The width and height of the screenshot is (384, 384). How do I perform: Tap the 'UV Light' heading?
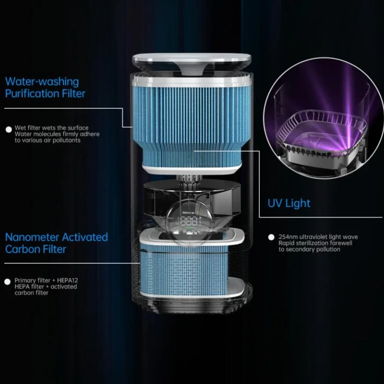click(289, 203)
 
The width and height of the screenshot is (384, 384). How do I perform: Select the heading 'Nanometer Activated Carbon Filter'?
click(56, 243)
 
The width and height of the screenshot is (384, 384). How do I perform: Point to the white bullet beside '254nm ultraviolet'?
click(271, 237)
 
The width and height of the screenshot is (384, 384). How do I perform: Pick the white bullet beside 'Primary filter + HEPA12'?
click(8, 281)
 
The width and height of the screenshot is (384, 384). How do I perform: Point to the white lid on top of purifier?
click(192, 60)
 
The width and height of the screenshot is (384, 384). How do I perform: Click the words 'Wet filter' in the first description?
click(26, 128)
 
